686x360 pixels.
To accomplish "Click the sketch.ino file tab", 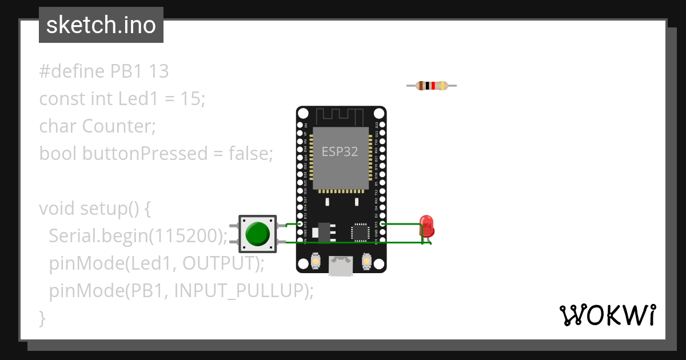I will (x=101, y=25).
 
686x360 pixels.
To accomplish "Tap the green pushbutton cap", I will (x=257, y=234).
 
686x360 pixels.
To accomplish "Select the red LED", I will (x=426, y=226).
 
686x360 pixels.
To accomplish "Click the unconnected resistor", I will (x=432, y=86).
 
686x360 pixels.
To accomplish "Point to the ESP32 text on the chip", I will (x=340, y=151).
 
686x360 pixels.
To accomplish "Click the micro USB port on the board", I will (x=341, y=266).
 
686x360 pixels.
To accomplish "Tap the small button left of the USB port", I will (x=315, y=261).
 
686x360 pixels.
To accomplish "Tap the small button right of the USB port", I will (x=368, y=261).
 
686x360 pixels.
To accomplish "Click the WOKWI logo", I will (x=607, y=315).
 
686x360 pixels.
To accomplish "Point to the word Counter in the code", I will (x=118, y=126).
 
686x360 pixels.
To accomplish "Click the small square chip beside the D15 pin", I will (x=360, y=231).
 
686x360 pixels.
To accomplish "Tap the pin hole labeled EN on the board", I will (x=301, y=125).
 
